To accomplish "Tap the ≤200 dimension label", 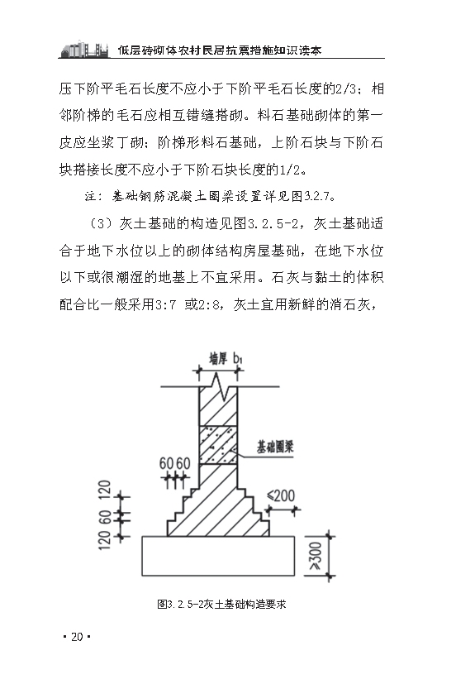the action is pyautogui.click(x=280, y=495).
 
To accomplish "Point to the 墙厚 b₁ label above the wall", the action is pyautogui.click(x=225, y=358).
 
